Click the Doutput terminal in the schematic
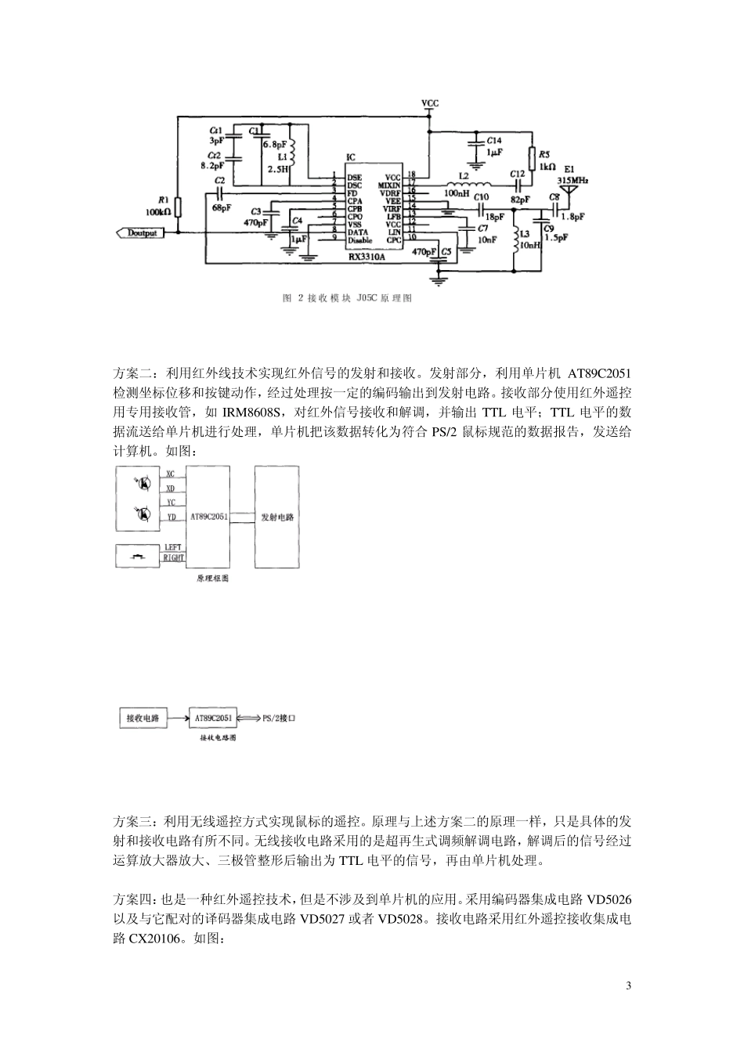(141, 232)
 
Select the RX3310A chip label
(367, 255)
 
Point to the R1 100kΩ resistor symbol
(178, 207)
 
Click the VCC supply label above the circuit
(430, 103)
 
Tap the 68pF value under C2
(221, 207)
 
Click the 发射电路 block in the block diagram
(277, 517)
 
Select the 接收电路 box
(143, 717)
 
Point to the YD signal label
(171, 517)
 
